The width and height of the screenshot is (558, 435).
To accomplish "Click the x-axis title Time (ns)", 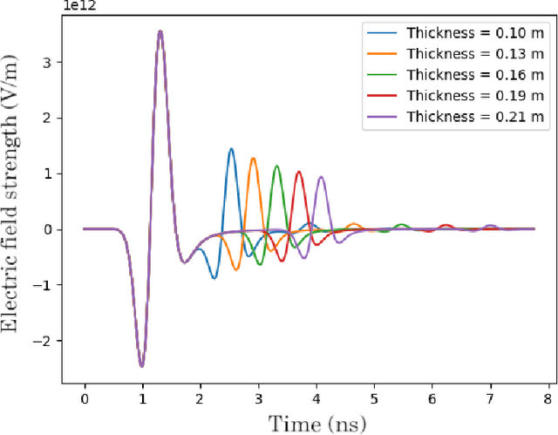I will [x=316, y=423].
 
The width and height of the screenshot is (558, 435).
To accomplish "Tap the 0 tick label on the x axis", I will [x=85, y=398].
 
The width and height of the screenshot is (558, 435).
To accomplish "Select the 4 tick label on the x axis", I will [x=316, y=398].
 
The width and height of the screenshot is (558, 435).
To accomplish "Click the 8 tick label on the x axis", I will [x=548, y=398].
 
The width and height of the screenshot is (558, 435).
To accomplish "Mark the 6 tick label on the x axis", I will [x=432, y=398].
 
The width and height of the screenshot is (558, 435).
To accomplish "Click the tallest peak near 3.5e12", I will [x=160, y=31].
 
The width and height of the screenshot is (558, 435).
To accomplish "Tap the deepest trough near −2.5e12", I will [x=141, y=366].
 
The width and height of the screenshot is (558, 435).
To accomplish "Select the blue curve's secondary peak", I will [x=231, y=149].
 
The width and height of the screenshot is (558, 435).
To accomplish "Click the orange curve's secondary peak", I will [x=253, y=159].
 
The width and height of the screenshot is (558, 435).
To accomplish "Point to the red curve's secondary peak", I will [x=299, y=172].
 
